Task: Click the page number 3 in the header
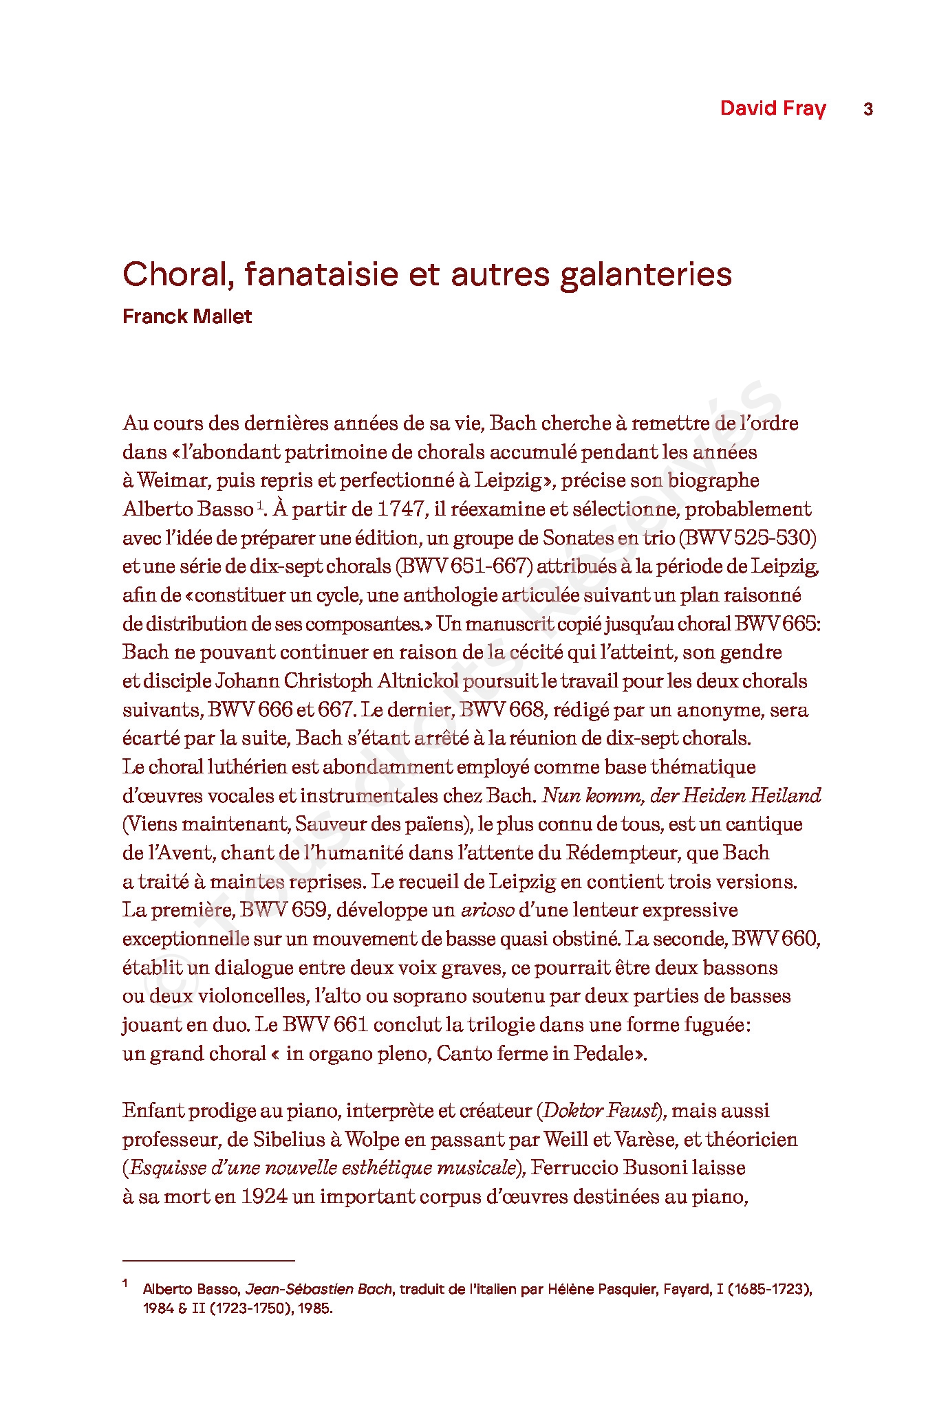point(868,109)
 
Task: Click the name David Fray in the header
point(773,108)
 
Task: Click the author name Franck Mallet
point(187,316)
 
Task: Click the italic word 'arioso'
point(487,910)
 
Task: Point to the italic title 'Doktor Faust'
point(598,1110)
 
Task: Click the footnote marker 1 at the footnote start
point(125,1284)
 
